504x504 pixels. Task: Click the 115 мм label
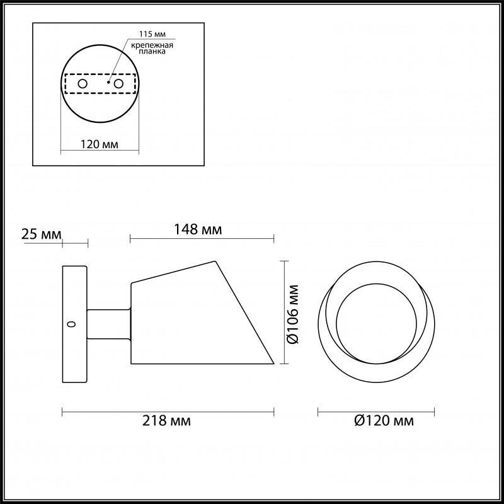[152, 34]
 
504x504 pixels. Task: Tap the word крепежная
[152, 45]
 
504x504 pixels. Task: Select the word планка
[152, 52]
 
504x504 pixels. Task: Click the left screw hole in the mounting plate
[83, 84]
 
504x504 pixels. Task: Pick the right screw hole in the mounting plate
[118, 84]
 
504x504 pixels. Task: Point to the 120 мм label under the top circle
[99, 144]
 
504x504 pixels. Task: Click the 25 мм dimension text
[41, 234]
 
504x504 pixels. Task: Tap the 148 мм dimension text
[198, 229]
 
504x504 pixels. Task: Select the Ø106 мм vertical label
[293, 314]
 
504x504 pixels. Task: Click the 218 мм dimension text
[166, 420]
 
